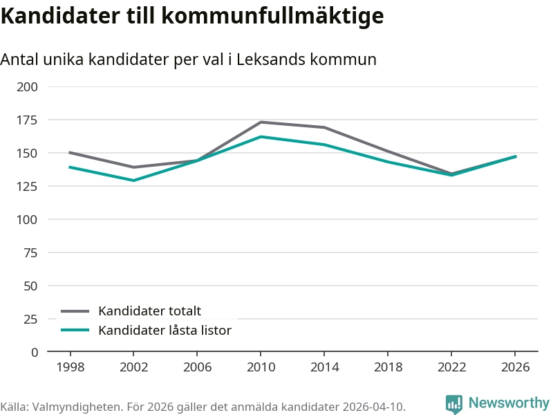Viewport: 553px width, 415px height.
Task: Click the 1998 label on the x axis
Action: click(70, 367)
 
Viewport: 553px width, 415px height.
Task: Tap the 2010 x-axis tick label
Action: click(261, 367)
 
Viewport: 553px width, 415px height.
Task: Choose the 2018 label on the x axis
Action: click(388, 367)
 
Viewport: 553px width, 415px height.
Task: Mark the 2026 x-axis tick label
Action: click(515, 367)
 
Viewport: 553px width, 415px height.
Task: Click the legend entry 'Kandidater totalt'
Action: click(149, 311)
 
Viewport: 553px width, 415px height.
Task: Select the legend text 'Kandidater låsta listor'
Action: click(165, 330)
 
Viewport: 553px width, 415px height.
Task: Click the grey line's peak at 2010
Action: click(261, 122)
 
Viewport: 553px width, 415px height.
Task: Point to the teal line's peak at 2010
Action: click(261, 136)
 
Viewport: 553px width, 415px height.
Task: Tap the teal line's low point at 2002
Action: click(133, 181)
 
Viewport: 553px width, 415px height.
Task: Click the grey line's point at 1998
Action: click(70, 152)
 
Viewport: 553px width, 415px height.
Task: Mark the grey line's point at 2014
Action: click(324, 127)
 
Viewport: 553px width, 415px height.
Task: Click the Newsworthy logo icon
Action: click(454, 404)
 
